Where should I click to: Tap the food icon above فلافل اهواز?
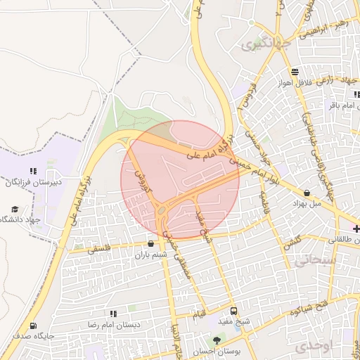click(x=293, y=72)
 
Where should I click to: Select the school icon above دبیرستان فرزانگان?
click(x=33, y=171)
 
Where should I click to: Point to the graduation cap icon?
click(x=15, y=210)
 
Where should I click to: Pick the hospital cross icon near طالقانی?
click(x=356, y=229)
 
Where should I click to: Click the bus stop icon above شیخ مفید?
click(x=233, y=311)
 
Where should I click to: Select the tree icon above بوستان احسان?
click(x=216, y=341)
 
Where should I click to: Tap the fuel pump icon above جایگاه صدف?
click(x=33, y=326)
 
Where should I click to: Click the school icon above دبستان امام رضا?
click(x=112, y=314)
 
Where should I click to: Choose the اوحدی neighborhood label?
click(x=311, y=347)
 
